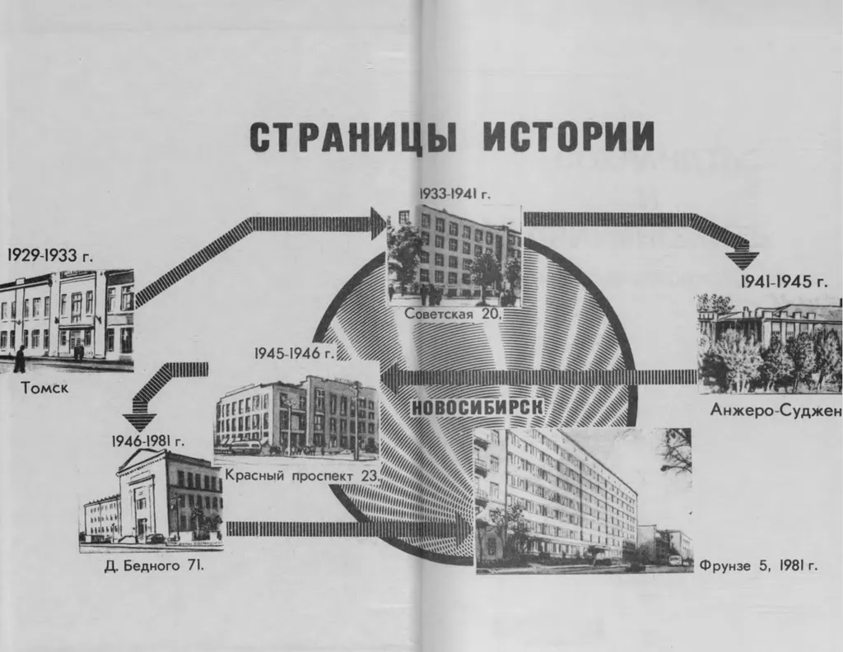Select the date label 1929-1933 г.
(50, 255)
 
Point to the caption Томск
(44, 385)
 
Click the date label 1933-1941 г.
(454, 194)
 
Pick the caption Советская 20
(452, 314)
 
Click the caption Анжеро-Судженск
(775, 411)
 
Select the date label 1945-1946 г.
(295, 353)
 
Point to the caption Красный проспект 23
(301, 474)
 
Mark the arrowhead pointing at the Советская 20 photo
(378, 223)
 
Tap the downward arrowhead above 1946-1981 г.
(140, 420)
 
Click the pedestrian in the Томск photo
(19, 359)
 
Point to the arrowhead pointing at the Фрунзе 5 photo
(463, 528)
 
